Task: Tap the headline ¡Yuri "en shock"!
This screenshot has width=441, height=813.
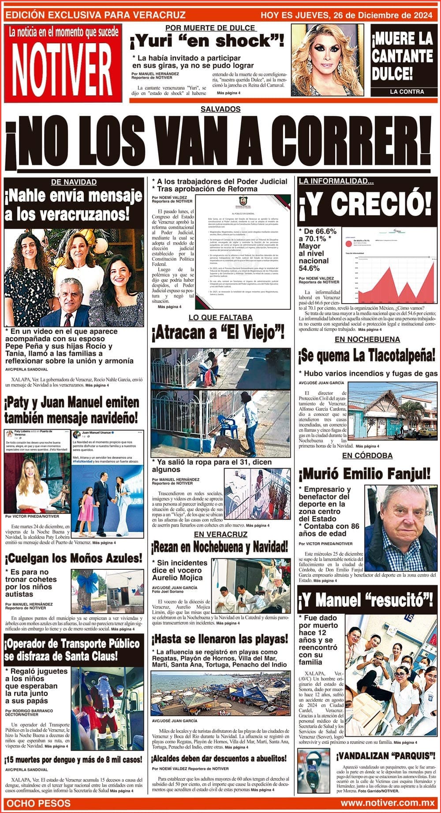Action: click(x=206, y=42)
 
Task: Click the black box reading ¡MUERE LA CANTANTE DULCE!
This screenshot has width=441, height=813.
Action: click(x=402, y=57)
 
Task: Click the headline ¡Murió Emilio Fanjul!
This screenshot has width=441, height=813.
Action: click(x=364, y=474)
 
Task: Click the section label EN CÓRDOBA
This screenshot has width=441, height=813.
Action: click(x=367, y=455)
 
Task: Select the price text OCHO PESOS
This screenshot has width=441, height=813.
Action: click(x=39, y=803)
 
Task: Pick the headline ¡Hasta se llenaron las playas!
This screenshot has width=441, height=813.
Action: click(x=219, y=639)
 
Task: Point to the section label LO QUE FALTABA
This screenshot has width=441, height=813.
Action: click(x=220, y=317)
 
